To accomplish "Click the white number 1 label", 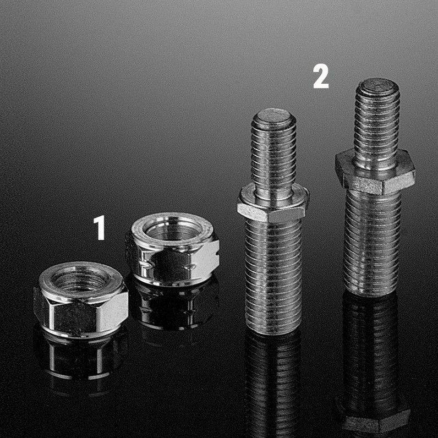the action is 99,227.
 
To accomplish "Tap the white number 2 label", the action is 321,76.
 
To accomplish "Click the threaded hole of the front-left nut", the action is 80,278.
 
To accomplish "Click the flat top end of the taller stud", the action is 377,85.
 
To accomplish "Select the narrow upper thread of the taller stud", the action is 377,123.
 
